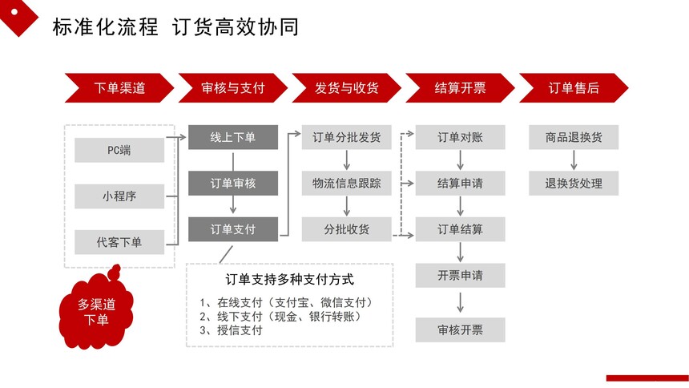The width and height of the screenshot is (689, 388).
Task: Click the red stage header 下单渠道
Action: pos(119,88)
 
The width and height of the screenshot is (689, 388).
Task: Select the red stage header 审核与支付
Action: pos(233,88)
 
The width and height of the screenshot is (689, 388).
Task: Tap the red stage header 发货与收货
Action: pos(347,88)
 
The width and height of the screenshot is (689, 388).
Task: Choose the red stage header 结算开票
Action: pos(460,88)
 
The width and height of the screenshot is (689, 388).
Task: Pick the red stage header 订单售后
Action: pos(574,88)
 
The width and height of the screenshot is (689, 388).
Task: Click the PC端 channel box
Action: pos(119,150)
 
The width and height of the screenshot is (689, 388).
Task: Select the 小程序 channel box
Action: pos(119,196)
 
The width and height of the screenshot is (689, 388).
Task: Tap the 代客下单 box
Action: pos(119,242)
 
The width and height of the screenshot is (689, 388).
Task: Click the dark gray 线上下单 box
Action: pos(233,137)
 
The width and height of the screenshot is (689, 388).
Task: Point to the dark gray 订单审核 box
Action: pos(233,183)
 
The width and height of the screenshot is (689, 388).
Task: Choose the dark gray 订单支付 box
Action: pos(233,229)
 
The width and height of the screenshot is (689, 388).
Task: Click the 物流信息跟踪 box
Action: pos(347,183)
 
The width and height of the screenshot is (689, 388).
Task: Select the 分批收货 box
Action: pos(347,229)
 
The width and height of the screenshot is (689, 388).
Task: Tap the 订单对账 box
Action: pos(460,137)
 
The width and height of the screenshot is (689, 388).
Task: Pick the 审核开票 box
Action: pos(460,330)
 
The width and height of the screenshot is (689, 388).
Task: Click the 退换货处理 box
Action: pos(574,183)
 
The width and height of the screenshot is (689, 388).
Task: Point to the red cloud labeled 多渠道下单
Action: pos(96,310)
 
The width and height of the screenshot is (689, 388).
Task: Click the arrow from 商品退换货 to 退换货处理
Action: pos(574,160)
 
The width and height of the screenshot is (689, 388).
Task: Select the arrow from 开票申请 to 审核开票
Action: pos(460,303)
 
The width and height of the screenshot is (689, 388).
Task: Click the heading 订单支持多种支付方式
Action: pos(289,279)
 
